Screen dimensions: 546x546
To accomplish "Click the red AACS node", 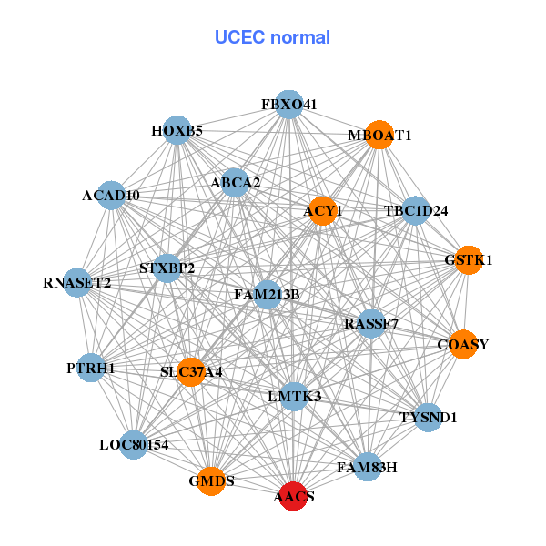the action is tap(292, 497).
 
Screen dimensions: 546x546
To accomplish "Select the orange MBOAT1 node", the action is tap(379, 135).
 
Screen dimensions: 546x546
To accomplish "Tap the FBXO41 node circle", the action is tap(288, 105).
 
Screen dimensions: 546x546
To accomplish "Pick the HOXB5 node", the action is tap(177, 130).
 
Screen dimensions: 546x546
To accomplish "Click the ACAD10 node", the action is tap(111, 195).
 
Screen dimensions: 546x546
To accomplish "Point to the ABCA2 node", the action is tap(235, 183).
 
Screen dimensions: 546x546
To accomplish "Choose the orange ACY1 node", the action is tap(322, 211).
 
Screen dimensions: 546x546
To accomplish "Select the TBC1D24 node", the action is tap(415, 211).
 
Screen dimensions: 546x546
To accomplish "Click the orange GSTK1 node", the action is tap(468, 259).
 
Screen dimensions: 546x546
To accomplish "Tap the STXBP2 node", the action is tap(167, 268).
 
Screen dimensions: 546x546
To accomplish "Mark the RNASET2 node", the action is tap(78, 283).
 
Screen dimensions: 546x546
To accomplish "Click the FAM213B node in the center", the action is tap(267, 294).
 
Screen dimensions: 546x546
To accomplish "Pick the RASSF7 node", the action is tap(371, 323).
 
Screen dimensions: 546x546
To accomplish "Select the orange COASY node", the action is tap(462, 344).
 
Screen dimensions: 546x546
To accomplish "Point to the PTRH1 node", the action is tap(91, 368).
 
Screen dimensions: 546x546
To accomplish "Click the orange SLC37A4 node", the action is tap(191, 371).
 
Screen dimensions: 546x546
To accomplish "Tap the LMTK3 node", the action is tap(294, 396).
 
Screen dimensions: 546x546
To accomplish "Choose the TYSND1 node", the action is tap(428, 418).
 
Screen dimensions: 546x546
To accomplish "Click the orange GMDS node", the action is tap(211, 480).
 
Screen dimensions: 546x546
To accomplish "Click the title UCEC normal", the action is tap(272, 37).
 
